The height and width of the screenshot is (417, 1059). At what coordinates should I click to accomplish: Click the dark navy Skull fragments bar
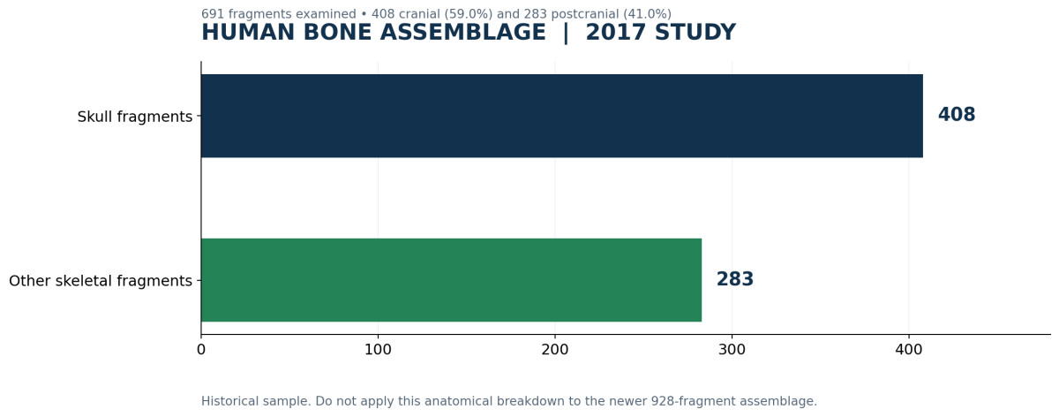[x=561, y=116]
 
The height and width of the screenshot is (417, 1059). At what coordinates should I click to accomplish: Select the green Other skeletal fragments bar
[x=452, y=280]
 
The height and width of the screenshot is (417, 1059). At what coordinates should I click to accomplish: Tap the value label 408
[x=957, y=115]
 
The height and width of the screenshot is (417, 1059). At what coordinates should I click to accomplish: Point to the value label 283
[x=734, y=279]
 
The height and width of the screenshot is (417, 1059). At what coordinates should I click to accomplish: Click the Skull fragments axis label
[x=135, y=117]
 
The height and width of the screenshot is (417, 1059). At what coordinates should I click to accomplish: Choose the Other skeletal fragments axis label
[x=101, y=281]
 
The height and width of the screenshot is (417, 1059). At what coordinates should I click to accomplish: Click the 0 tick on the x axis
[x=201, y=350]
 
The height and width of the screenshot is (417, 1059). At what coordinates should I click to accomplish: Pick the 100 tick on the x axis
[x=378, y=350]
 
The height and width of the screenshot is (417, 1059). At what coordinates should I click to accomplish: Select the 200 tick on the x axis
[x=554, y=350]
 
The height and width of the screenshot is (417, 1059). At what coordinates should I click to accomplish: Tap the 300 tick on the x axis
[x=732, y=350]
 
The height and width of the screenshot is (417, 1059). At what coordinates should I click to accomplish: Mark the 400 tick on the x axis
[x=909, y=350]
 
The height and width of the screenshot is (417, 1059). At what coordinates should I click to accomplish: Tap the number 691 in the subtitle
[x=213, y=14]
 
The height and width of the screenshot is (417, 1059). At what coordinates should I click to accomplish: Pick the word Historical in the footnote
[x=232, y=401]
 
